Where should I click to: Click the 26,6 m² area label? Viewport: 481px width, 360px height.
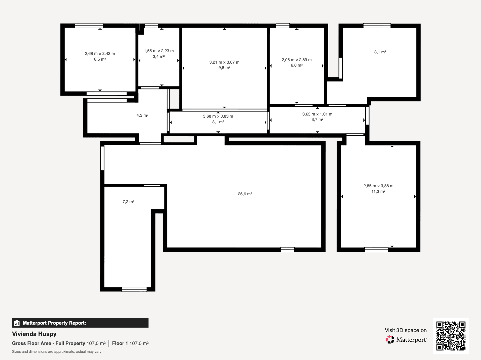pos(245,194)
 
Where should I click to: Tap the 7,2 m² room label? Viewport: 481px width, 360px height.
pos(128,202)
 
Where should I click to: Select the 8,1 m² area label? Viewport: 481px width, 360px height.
pos(380,52)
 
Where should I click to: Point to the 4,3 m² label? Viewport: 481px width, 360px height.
pos(142,115)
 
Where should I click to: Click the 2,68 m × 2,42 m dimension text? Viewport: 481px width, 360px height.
pos(100,54)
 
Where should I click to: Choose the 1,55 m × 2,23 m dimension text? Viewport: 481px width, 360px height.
pos(159,51)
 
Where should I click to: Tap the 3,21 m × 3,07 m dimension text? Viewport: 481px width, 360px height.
pos(224,62)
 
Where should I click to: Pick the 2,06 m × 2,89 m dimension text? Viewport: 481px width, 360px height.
pos(296,60)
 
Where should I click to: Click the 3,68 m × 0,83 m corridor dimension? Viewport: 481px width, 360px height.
pos(218,116)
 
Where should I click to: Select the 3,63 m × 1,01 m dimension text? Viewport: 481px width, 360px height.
pos(317,114)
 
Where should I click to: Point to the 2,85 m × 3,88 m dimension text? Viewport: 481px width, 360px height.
pos(378,186)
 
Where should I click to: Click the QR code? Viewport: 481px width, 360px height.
pos(451,336)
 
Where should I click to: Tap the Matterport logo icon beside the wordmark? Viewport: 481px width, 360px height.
pos(390,340)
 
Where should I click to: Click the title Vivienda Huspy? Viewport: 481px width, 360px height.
pos(34,334)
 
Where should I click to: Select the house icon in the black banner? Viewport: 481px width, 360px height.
pos(17,323)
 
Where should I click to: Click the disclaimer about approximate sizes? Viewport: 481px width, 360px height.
pos(57,352)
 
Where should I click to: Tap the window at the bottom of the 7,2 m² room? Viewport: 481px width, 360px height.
pos(134,289)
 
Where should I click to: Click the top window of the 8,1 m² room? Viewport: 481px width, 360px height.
pos(377,26)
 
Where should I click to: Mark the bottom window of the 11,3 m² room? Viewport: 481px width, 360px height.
pos(376,250)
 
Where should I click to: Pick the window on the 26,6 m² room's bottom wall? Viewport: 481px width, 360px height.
pos(287,250)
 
